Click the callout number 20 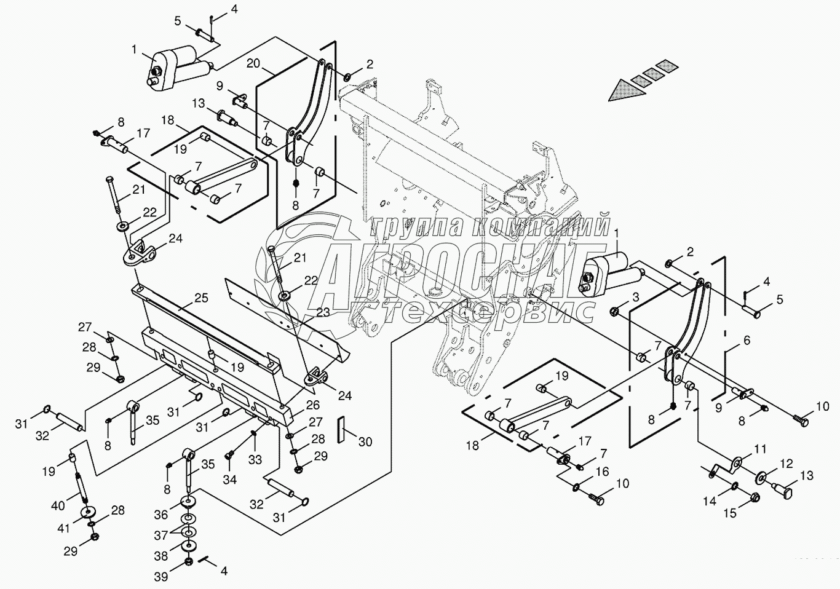pyautogui.click(x=253, y=64)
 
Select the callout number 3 pyautogui.click(x=635, y=298)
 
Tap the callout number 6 pyautogui.click(x=747, y=341)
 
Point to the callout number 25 pyautogui.click(x=201, y=298)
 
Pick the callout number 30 pyautogui.click(x=365, y=442)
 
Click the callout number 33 pyautogui.click(x=255, y=460)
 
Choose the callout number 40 pyautogui.click(x=59, y=506)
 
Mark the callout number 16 pyautogui.click(x=603, y=472)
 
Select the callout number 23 pyautogui.click(x=323, y=312)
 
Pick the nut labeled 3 pyautogui.click(x=614, y=311)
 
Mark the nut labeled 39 pyautogui.click(x=189, y=561)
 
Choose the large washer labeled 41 pyautogui.click(x=88, y=512)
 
